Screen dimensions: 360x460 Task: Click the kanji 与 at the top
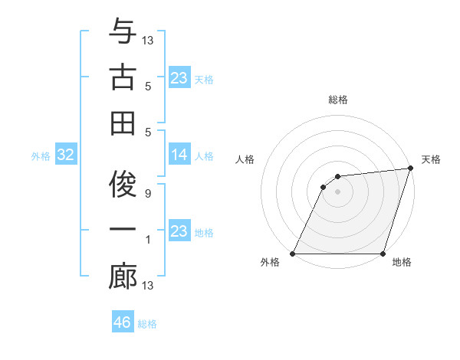pyautogui.click(x=123, y=33)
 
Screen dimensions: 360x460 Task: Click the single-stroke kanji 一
pyautogui.click(x=123, y=231)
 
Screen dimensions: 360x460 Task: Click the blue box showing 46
pyautogui.click(x=123, y=322)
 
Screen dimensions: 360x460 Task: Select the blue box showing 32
pyautogui.click(x=65, y=155)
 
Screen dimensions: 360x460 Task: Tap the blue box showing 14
pyautogui.click(x=179, y=155)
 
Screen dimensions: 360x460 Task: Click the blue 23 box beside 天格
pyautogui.click(x=179, y=78)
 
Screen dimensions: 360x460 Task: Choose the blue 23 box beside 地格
pyautogui.click(x=179, y=231)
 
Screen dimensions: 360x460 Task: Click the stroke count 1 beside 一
pyautogui.click(x=147, y=240)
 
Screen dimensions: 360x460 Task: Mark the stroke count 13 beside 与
pyautogui.click(x=148, y=40)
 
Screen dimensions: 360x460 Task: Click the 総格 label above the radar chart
pyautogui.click(x=337, y=100)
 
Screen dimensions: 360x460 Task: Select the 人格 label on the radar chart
pyautogui.click(x=245, y=159)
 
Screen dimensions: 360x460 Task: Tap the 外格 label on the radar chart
pyautogui.click(x=270, y=263)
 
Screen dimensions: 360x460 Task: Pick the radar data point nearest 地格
pyautogui.click(x=383, y=254)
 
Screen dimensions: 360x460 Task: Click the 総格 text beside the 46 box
pyautogui.click(x=147, y=324)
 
